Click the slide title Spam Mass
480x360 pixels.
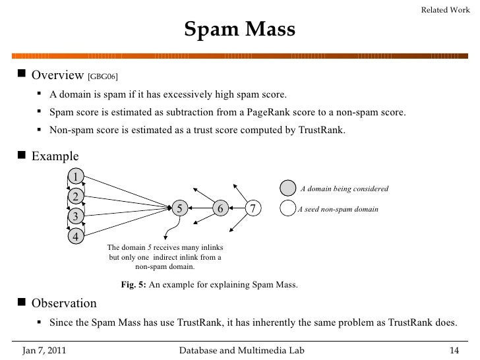coord(239,29)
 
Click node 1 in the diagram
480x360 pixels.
coord(76,176)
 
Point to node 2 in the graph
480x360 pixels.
coord(76,196)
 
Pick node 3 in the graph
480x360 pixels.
coord(76,216)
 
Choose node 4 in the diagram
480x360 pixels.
coord(76,237)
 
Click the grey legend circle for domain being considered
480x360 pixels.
coord(287,188)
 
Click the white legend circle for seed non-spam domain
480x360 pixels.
coord(287,209)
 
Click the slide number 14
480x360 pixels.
coord(454,349)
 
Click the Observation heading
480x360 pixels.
coord(64,303)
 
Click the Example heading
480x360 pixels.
coord(55,156)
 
